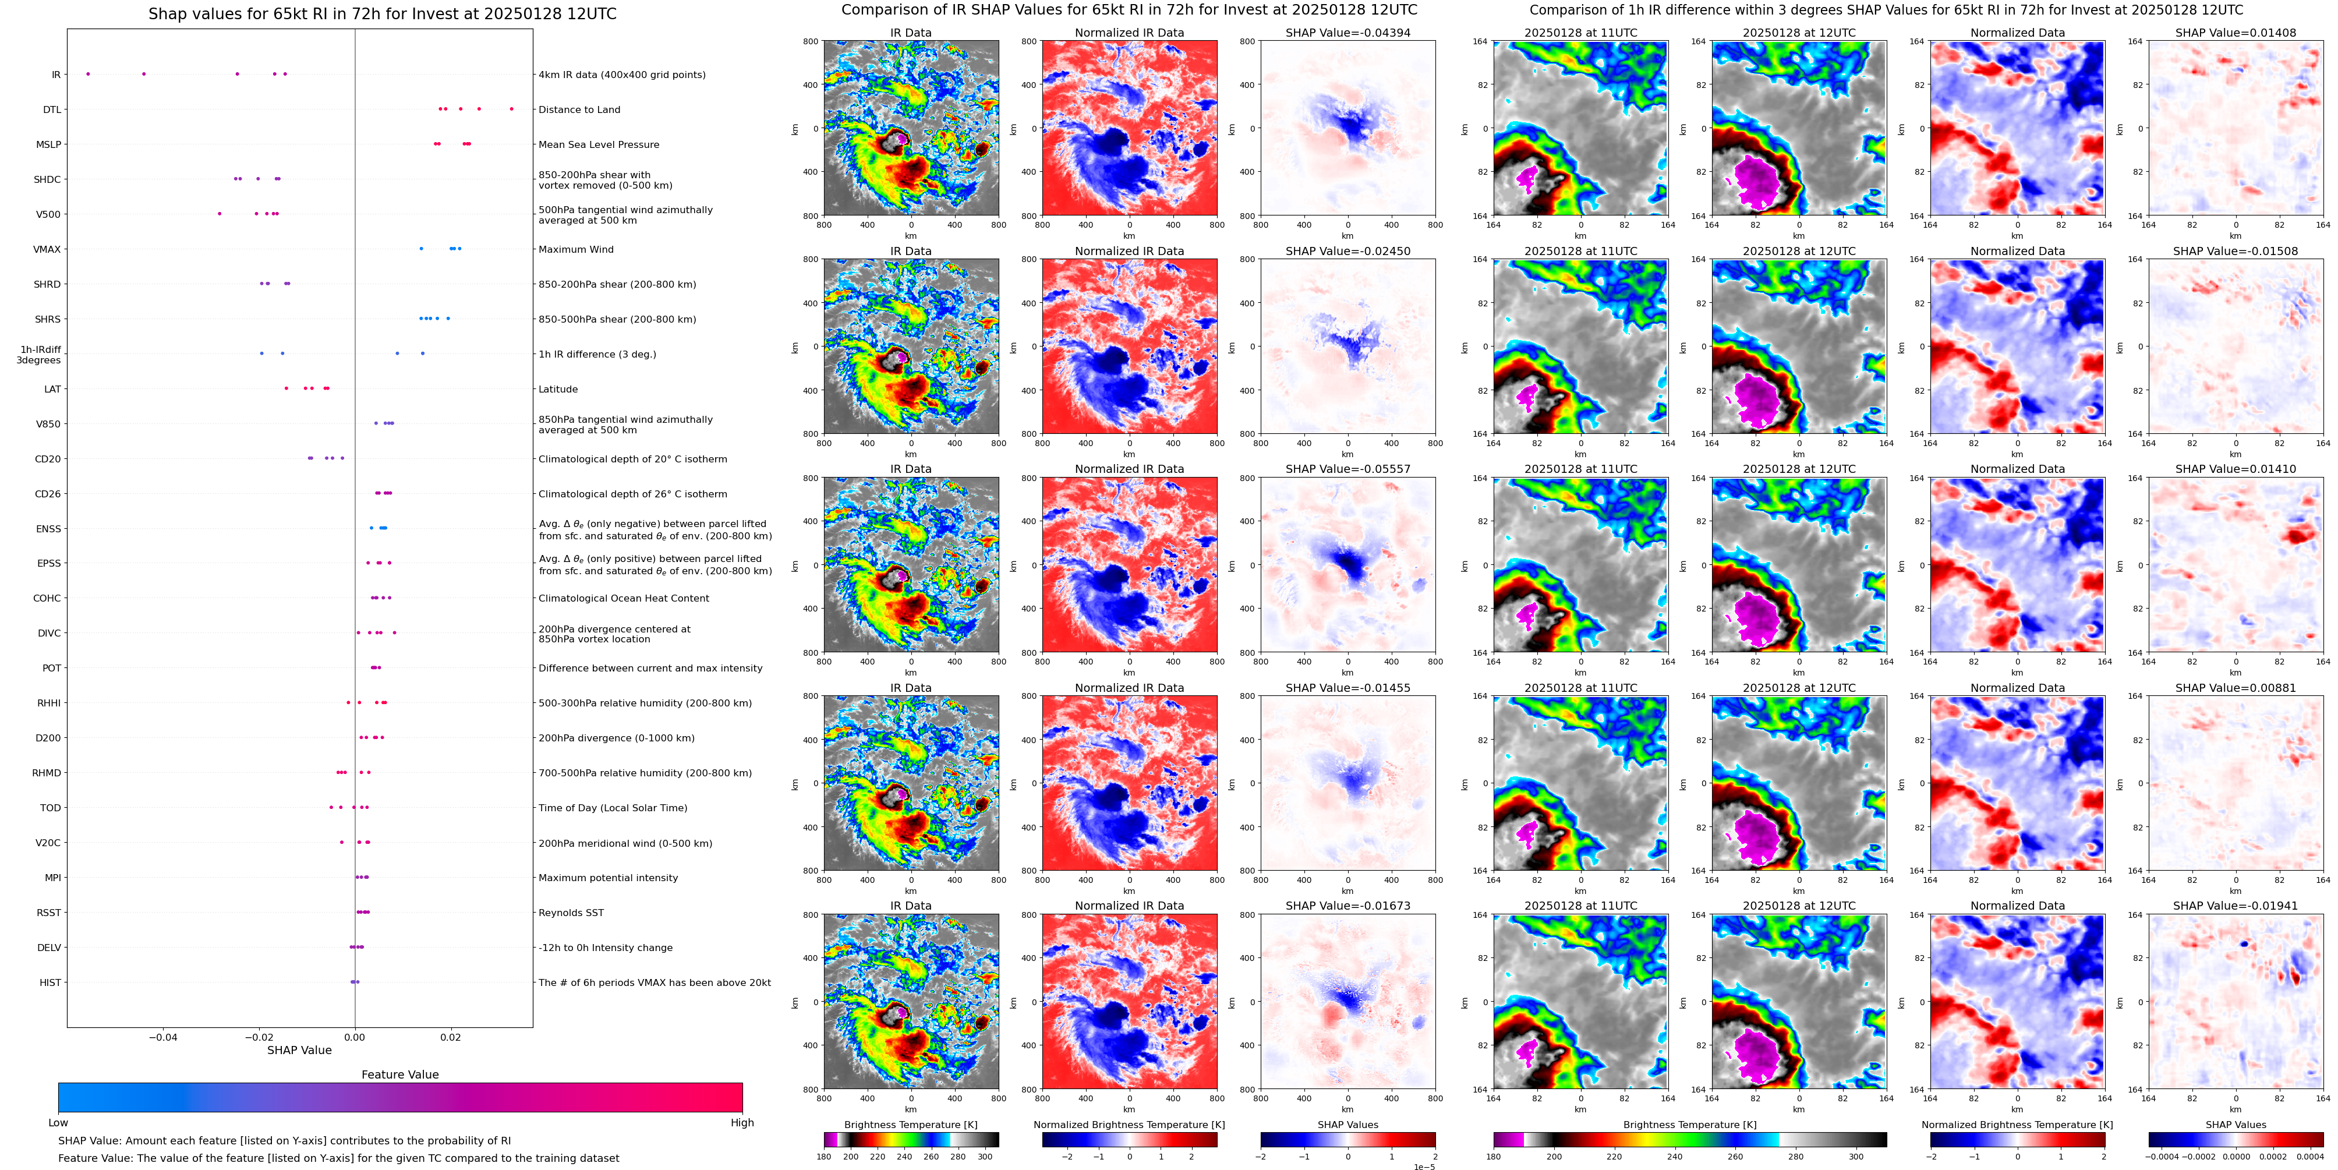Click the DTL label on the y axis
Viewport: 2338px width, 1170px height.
[x=52, y=110]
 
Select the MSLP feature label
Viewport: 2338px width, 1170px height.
[x=48, y=144]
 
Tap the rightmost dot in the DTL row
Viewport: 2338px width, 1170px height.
[x=511, y=109]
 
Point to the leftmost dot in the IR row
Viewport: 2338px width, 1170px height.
[x=88, y=73]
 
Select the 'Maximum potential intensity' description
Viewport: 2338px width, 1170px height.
[x=607, y=878]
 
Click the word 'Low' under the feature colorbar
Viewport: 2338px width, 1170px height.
[x=58, y=1123]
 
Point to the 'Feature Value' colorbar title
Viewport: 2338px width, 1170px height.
[x=399, y=1074]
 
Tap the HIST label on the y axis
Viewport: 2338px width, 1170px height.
[x=50, y=982]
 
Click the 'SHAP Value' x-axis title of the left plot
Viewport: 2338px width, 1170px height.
[x=299, y=1050]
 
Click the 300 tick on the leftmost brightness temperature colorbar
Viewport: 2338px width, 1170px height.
[x=985, y=1157]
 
